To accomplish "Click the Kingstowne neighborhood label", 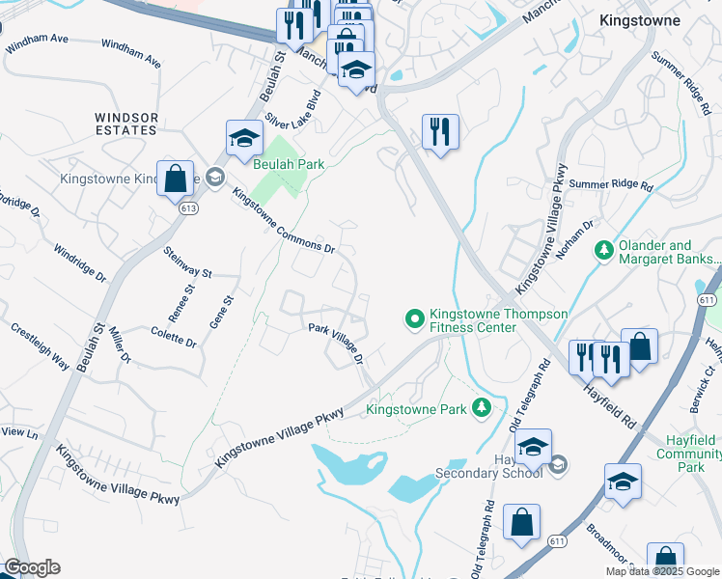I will click(639, 19).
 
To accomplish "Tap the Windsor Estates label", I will click(125, 124).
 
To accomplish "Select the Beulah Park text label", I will click(289, 164).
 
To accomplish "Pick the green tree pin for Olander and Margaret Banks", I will click(605, 251).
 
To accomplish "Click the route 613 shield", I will click(187, 208).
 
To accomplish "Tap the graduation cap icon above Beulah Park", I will click(244, 138).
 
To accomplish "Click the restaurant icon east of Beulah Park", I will click(440, 130).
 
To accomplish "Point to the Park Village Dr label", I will click(335, 342).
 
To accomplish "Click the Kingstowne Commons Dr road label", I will click(283, 221).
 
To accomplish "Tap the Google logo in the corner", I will click(32, 567).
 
